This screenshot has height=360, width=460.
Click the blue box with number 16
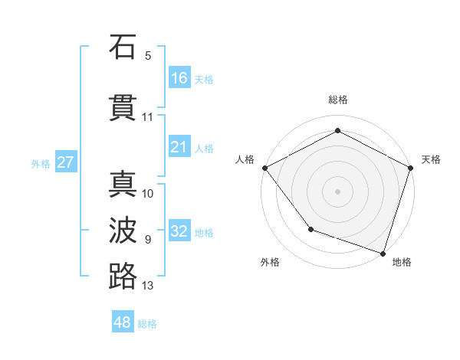coord(179,78)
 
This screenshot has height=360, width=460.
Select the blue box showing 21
coord(179,147)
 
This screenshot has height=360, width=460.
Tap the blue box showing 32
coord(179,231)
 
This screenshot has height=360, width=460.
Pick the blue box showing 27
coord(65,162)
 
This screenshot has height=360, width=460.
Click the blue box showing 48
coord(123,323)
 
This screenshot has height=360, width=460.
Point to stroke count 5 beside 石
coord(148,55)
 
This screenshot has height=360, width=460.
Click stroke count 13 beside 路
coord(148,286)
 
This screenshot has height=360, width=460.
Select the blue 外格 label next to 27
coord(40,163)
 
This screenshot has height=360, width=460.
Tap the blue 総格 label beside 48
coord(147,324)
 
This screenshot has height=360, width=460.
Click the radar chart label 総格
coord(337,100)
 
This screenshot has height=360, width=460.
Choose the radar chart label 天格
coord(431,159)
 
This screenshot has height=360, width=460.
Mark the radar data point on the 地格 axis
coord(383,253)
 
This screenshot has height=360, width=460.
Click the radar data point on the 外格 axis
coord(310,228)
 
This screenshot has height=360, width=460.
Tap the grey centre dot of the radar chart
coord(337,191)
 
